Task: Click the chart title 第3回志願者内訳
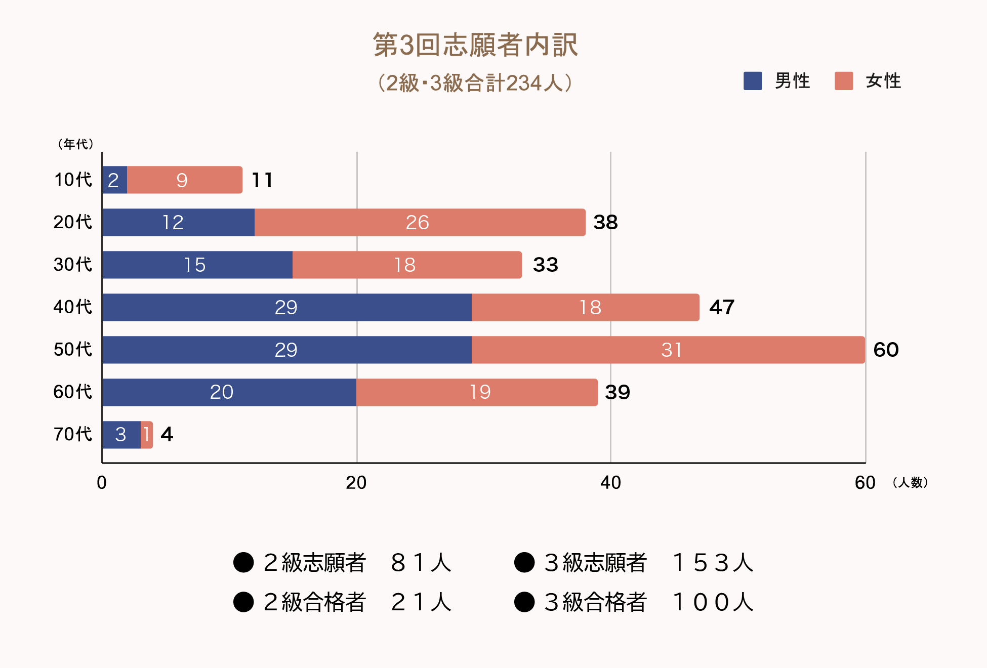[x=475, y=45]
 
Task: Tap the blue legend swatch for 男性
[x=752, y=81]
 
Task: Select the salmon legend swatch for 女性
[x=843, y=81]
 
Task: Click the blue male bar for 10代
[x=114, y=180]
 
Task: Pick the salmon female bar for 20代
[x=420, y=222]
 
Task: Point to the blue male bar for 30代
[x=197, y=265]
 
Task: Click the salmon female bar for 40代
[x=585, y=307]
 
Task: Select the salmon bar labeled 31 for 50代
[x=668, y=350]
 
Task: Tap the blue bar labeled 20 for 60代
[x=229, y=392]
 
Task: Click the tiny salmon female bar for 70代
[x=146, y=435]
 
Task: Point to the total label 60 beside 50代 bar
[x=886, y=350]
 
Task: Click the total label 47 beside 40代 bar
[x=721, y=307]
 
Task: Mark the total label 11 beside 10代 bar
[x=262, y=180]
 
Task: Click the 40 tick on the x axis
[x=610, y=483]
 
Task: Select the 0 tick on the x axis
[x=102, y=483]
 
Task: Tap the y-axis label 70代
[x=73, y=434]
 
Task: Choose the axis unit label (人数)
[x=910, y=483]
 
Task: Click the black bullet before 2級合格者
[x=243, y=602]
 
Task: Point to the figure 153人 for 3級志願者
[x=713, y=562]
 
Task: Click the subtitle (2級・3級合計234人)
[x=475, y=83]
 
